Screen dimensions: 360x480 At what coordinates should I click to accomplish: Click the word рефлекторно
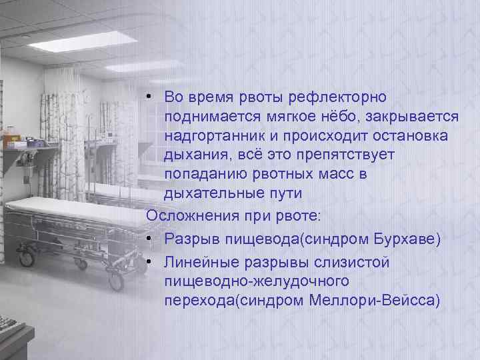338,97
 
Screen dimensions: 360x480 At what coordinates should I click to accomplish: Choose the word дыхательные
214,194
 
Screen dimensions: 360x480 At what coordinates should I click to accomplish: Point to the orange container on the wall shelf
13,141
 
